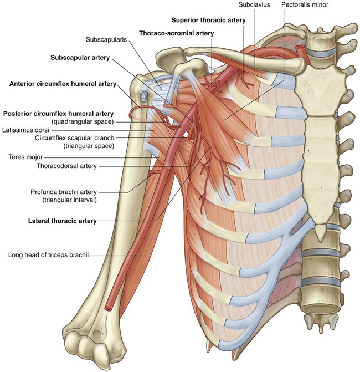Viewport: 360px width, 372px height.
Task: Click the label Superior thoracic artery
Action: [209, 20]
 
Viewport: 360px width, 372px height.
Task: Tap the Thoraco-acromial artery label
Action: [177, 33]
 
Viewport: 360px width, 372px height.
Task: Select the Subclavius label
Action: [254, 4]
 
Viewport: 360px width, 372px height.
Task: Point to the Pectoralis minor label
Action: [305, 4]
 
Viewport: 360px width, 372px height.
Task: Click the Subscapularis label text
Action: [106, 39]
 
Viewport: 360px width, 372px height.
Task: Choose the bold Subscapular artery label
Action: [80, 58]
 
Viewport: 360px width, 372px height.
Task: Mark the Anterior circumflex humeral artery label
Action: [63, 84]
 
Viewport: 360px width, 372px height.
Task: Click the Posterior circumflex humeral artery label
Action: [58, 114]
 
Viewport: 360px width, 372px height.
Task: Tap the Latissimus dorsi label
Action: [25, 130]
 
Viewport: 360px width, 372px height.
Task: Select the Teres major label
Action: [25, 157]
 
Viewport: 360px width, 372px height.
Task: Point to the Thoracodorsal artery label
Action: [66, 166]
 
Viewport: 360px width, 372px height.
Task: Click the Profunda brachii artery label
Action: [64, 192]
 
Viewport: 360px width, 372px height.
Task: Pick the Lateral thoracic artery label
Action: [63, 221]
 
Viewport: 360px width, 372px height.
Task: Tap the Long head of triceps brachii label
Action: [48, 255]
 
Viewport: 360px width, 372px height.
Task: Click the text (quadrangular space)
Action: [83, 122]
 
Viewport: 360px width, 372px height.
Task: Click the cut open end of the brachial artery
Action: [108, 309]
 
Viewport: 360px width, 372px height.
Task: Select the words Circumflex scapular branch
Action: [74, 138]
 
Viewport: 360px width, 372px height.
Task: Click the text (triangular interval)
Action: [69, 200]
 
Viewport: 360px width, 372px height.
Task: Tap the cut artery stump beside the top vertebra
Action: [299, 48]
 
